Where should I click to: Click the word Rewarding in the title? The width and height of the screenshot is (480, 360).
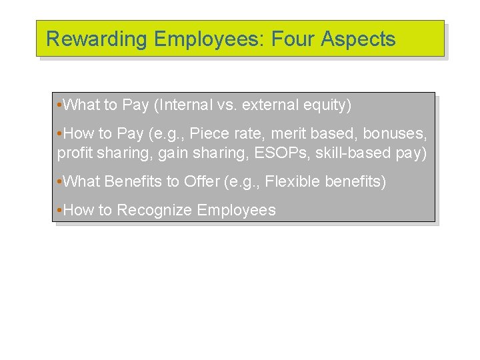97,39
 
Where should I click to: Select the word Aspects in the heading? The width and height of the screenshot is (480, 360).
358,39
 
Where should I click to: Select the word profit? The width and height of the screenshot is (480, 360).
75,153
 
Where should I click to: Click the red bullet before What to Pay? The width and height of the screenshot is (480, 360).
60,105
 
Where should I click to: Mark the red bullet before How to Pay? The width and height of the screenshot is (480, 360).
60,134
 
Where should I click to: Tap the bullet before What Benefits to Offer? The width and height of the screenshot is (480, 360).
60,181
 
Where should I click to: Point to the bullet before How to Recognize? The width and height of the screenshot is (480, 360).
60,210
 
